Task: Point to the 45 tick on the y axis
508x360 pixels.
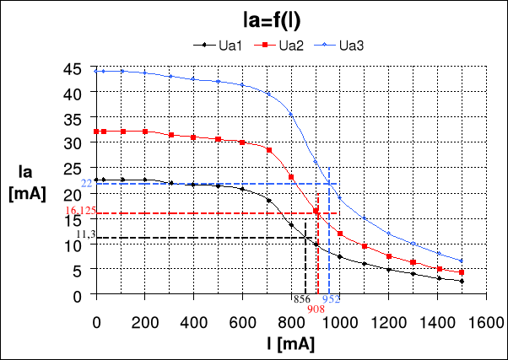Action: pos(76,69)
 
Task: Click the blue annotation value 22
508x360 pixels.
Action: pos(86,184)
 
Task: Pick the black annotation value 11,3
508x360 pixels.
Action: pos(85,234)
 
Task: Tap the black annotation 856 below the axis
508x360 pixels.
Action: pos(300,299)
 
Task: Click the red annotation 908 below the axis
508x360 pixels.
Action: pos(316,309)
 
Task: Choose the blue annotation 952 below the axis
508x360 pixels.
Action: pos(331,299)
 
